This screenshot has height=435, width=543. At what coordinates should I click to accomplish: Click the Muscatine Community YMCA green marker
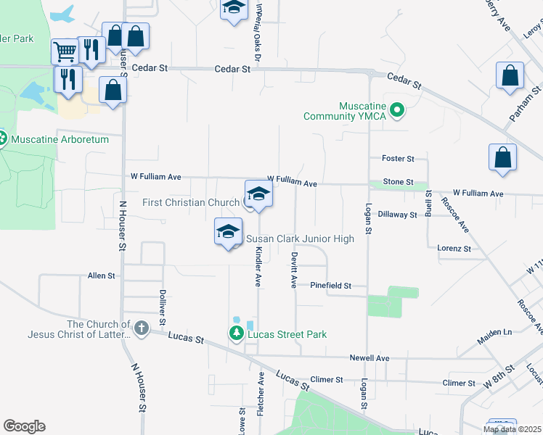tap(396, 110)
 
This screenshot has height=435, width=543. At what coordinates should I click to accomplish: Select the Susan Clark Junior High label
tap(300, 239)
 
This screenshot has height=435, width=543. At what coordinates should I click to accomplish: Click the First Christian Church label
tap(191, 202)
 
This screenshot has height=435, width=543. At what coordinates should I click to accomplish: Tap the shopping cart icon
tap(65, 51)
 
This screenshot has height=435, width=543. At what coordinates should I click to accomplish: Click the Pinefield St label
tap(330, 286)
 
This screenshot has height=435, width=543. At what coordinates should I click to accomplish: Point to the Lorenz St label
tap(454, 248)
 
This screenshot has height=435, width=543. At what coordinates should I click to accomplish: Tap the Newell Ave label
tap(370, 358)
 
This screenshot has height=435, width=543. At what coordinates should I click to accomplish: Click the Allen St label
tap(101, 275)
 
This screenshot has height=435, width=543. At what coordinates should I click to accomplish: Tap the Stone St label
tap(398, 182)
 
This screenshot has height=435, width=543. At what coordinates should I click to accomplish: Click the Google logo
tap(24, 426)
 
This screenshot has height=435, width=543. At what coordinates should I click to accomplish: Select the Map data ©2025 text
tap(511, 429)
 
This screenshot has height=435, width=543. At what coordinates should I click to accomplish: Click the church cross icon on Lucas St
tap(141, 329)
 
